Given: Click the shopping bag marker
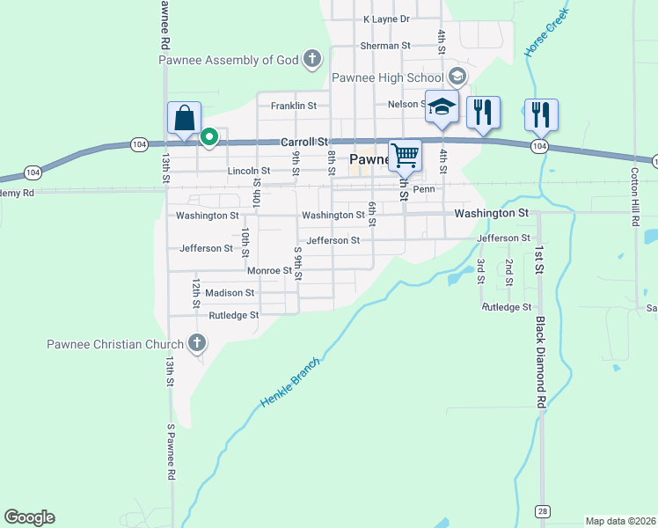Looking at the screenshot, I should click(x=185, y=118).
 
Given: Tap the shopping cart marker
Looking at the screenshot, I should click(x=405, y=156).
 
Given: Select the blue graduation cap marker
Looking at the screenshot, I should click(x=442, y=107).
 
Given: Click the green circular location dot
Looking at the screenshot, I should click(x=209, y=136).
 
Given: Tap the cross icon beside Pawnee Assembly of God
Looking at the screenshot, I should click(x=311, y=60).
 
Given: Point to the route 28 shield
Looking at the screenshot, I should click(x=543, y=511).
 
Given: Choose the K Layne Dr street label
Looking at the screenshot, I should click(x=387, y=18).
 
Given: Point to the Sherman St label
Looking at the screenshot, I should click(x=385, y=46).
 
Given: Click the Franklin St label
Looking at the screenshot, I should click(x=294, y=106).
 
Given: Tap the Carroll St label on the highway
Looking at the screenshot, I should click(x=303, y=142).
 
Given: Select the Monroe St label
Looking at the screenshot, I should click(x=269, y=271).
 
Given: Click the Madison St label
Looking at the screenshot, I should click(x=231, y=293).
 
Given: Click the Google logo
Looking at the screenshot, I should click(x=30, y=517).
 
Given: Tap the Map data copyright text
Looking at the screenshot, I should click(x=621, y=521).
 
